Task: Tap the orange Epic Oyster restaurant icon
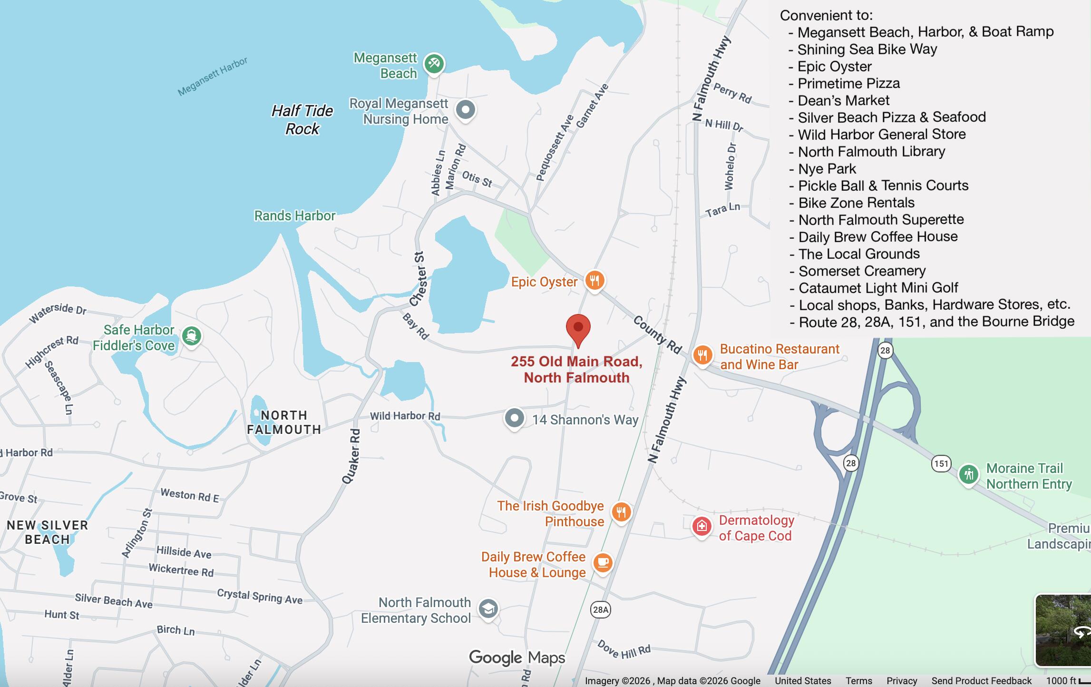click(594, 280)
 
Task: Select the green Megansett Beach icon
click(434, 63)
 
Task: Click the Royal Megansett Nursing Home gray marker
click(465, 110)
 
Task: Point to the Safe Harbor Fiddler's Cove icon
click(191, 336)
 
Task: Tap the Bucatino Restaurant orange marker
click(702, 355)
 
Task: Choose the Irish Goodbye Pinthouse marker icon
click(621, 512)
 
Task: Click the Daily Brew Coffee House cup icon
click(603, 563)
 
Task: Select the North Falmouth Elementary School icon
click(488, 608)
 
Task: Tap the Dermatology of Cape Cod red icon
click(701, 526)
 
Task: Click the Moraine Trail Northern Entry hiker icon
click(968, 474)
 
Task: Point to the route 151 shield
click(941, 463)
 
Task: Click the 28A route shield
click(600, 609)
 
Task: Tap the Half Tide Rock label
click(302, 120)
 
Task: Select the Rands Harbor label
click(295, 216)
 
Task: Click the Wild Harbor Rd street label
click(405, 416)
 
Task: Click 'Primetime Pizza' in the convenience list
click(848, 83)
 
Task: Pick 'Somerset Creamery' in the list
click(862, 271)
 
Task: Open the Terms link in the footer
click(858, 681)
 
